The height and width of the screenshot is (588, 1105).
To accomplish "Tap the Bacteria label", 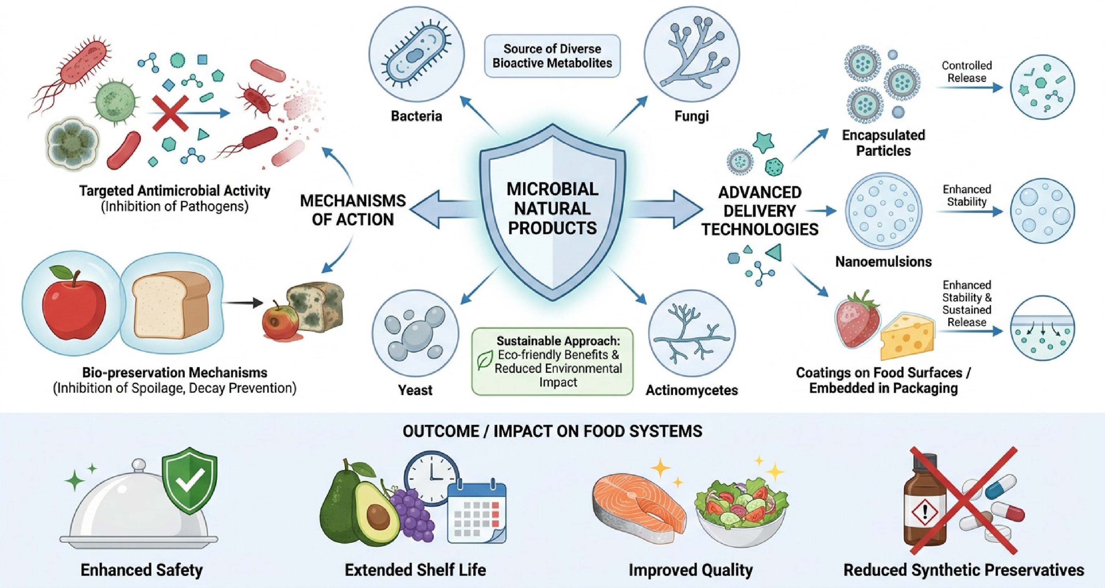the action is point(416,116).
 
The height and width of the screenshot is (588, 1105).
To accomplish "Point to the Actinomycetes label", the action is point(691,390).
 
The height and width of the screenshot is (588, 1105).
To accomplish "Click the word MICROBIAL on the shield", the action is point(553,189).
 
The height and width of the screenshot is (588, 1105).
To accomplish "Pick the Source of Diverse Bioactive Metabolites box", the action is point(553,56).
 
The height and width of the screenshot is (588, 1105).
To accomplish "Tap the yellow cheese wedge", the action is point(907,337).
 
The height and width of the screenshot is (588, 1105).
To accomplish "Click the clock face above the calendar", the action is point(431,477).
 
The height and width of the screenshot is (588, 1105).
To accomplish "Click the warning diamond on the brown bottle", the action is point(925,511).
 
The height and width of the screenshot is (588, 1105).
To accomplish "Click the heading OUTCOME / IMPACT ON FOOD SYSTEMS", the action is point(553,431).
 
